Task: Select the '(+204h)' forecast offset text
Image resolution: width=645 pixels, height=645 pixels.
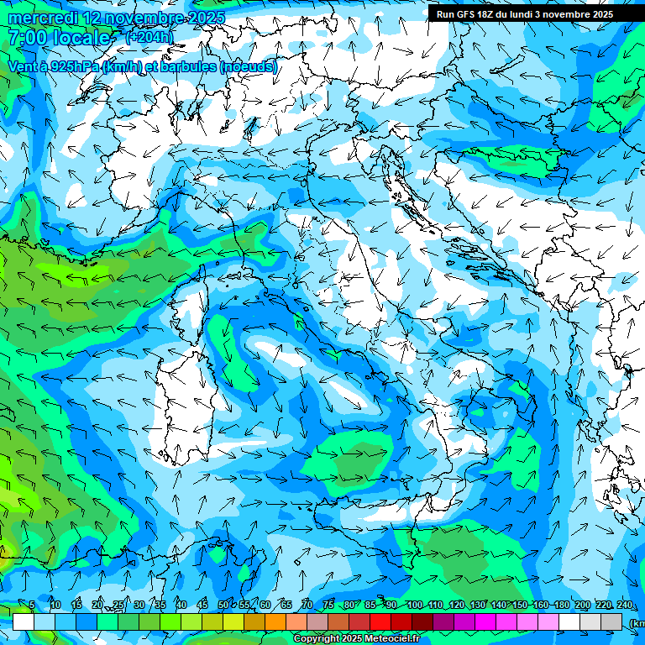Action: [x=149, y=37]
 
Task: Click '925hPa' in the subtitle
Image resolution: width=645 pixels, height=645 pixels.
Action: [x=72, y=66]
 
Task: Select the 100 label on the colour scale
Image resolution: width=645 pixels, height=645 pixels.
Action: [x=414, y=605]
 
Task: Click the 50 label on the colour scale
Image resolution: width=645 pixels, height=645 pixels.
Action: [x=223, y=605]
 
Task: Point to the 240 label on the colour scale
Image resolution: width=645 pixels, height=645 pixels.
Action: [x=625, y=605]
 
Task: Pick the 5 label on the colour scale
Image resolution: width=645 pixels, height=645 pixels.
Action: [x=32, y=605]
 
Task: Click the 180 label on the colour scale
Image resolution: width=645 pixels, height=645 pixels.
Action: [x=561, y=605]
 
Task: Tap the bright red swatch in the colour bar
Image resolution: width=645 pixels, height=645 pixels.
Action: [x=380, y=621]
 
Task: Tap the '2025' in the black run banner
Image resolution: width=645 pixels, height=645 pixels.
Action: [x=625, y=14]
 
